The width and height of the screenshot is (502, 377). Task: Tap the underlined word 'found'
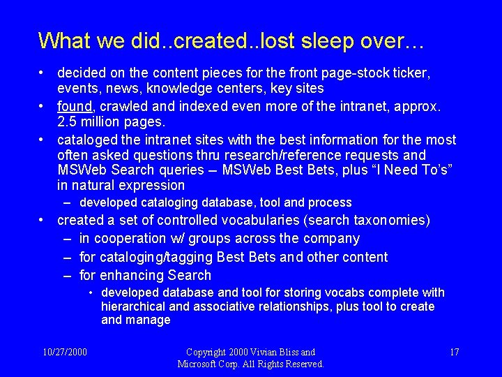pyautogui.click(x=76, y=105)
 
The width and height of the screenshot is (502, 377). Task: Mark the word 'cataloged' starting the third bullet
pyautogui.click(x=87, y=140)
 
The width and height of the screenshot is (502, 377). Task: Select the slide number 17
pyautogui.click(x=454, y=352)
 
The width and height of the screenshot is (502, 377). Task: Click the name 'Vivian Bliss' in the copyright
pyautogui.click(x=273, y=352)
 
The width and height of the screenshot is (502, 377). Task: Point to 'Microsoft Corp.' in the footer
pyautogui.click(x=206, y=364)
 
